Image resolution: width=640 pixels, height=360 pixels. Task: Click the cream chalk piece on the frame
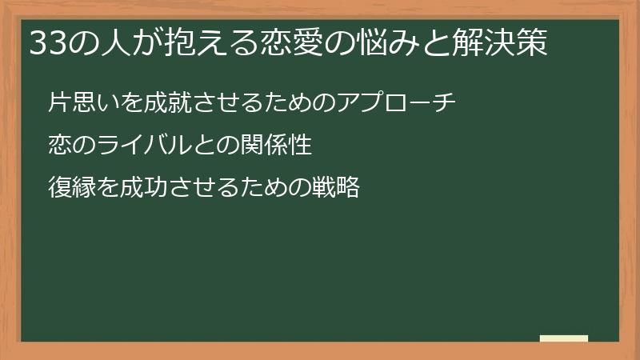point(564,338)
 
